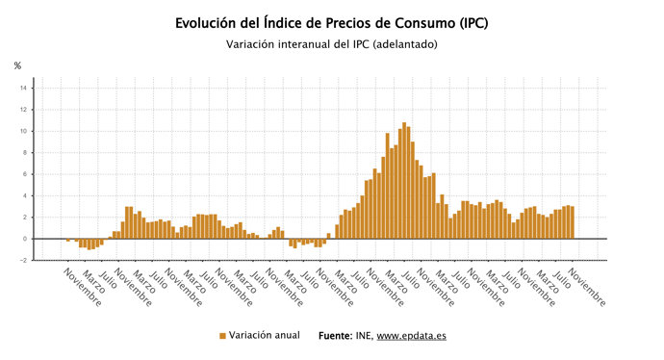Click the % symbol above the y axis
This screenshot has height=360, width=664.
[17, 65]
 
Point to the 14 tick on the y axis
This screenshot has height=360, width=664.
[24, 89]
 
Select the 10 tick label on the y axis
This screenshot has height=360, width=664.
[24, 131]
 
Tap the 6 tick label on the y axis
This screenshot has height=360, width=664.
[26, 174]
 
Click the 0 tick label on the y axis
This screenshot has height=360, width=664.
[26, 239]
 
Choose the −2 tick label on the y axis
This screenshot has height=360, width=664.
[24, 260]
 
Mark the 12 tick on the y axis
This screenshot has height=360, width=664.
[24, 110]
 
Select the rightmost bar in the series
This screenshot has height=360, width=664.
[572, 222]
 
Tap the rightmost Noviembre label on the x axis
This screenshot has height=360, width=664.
[587, 288]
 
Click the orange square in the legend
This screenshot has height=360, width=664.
[222, 336]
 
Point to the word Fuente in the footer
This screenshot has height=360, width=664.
[337, 336]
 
